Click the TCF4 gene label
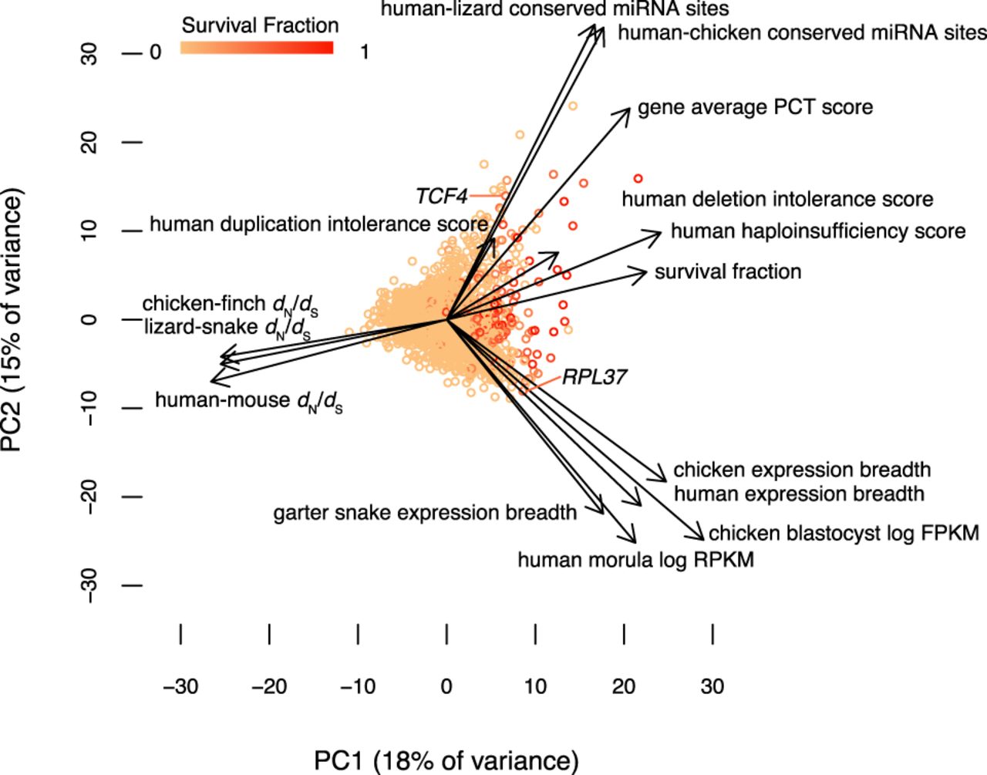tap(441, 197)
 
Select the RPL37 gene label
tap(594, 377)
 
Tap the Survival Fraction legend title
tap(260, 25)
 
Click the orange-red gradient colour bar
tap(257, 48)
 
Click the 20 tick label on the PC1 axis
tap(624, 686)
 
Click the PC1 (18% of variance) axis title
tap(446, 760)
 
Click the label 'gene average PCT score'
tap(755, 106)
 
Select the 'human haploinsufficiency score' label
tap(817, 231)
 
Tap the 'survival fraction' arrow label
tap(728, 271)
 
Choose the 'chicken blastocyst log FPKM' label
tap(844, 533)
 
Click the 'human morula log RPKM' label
tap(635, 559)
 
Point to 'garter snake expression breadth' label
tap(425, 513)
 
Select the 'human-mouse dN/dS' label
tap(248, 401)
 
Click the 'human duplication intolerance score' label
tap(318, 224)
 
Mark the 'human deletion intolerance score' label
tap(777, 200)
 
